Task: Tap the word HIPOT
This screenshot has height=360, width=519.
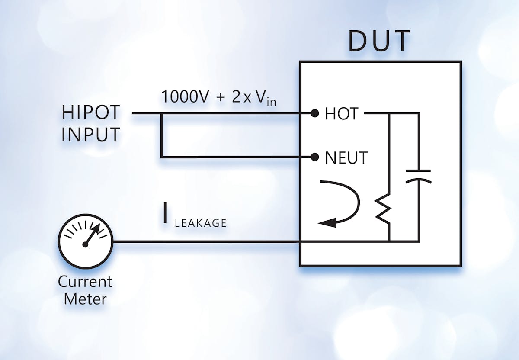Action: [90, 113]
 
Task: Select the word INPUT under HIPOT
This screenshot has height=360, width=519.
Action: [90, 135]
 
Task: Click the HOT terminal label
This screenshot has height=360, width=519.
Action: [341, 114]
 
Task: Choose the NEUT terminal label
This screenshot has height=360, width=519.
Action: [346, 157]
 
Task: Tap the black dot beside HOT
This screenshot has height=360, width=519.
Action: [315, 114]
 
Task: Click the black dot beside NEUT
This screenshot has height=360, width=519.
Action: [315, 157]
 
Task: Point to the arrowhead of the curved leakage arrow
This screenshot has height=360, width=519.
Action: [325, 223]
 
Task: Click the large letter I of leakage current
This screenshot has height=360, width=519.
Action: [165, 215]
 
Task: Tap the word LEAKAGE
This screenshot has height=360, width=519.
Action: [200, 223]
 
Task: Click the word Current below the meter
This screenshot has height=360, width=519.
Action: [85, 282]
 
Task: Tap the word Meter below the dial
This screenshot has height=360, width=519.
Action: [85, 299]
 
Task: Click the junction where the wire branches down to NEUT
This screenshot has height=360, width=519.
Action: [161, 114]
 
